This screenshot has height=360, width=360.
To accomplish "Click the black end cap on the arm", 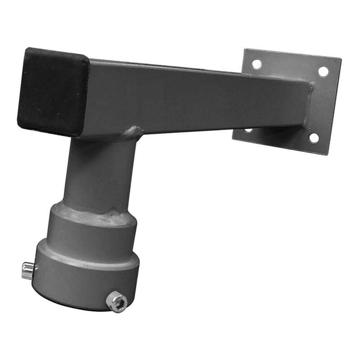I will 52,92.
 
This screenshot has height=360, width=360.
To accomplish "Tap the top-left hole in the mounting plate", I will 256,64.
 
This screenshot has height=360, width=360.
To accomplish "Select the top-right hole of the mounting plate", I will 323,71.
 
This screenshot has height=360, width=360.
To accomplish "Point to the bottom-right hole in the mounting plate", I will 313,137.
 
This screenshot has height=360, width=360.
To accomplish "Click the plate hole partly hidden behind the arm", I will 248,130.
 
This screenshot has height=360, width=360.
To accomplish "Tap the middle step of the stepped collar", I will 93,231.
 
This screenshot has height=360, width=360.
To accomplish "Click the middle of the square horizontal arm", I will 195,98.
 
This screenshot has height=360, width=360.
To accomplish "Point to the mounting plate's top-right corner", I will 340,58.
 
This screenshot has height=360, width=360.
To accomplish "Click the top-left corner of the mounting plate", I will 245,50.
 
